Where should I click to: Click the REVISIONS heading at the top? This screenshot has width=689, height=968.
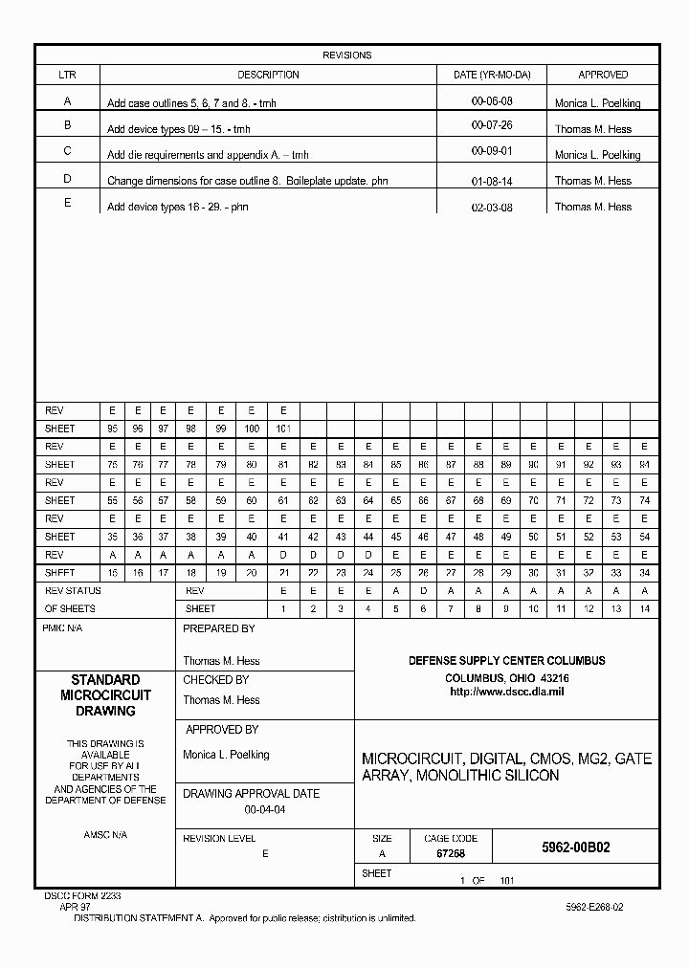click(346, 55)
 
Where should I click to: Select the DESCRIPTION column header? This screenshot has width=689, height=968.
click(268, 75)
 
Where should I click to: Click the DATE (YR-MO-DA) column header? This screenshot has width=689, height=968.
click(492, 75)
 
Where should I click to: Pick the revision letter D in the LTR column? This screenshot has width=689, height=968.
click(67, 179)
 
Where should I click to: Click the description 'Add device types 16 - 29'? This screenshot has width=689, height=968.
click(178, 207)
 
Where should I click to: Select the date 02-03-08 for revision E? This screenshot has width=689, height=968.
click(492, 206)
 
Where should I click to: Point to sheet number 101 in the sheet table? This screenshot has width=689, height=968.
click(283, 429)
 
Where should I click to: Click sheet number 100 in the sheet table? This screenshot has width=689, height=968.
click(252, 429)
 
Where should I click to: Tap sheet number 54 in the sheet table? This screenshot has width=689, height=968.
click(644, 537)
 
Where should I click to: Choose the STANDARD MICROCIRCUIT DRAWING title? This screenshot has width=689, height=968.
click(105, 695)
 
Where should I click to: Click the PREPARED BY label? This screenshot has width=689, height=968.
click(219, 628)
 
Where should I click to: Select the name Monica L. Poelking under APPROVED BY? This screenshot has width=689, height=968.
click(226, 755)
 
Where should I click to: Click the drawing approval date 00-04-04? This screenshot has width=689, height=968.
click(265, 810)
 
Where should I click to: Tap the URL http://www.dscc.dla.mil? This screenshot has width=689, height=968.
click(506, 691)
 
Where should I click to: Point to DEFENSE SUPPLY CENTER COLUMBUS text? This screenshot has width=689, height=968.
click(506, 661)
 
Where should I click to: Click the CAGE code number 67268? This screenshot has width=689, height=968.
click(451, 854)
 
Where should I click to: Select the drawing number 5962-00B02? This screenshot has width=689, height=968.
click(575, 847)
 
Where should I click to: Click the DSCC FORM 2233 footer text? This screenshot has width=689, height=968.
click(82, 896)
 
